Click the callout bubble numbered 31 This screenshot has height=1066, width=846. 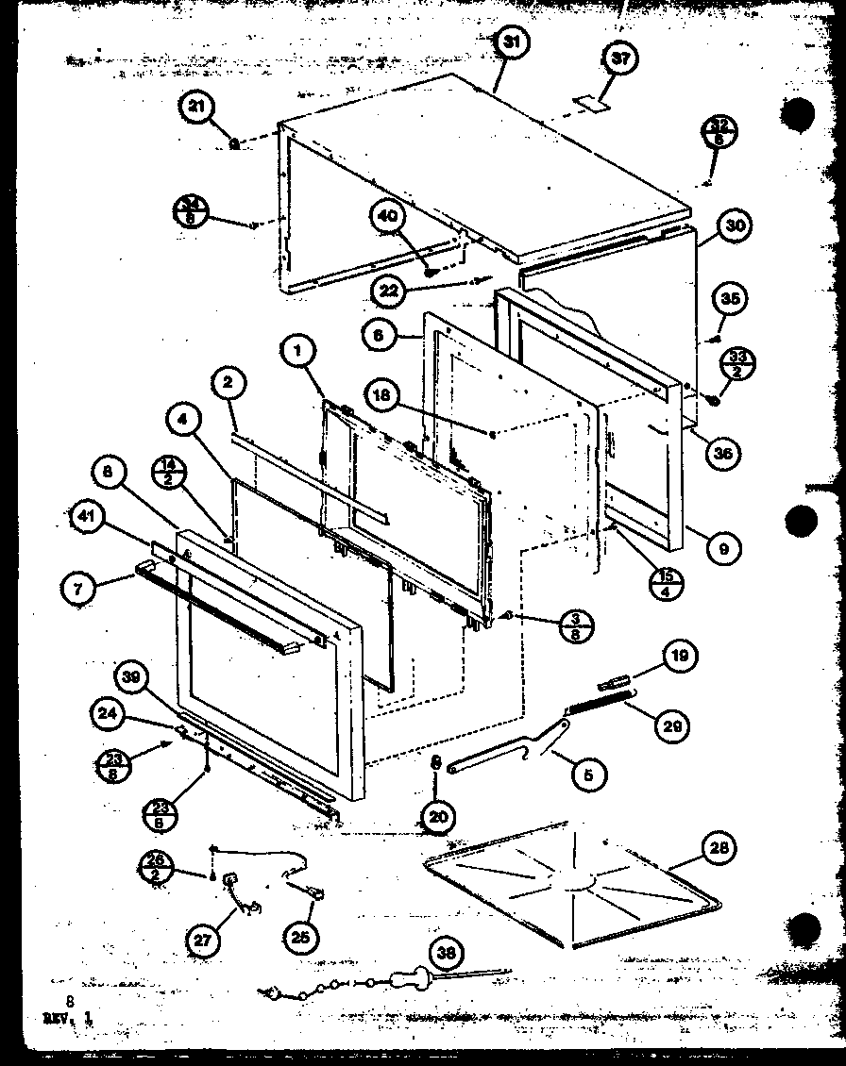(511, 42)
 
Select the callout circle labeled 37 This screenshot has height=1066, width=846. (619, 59)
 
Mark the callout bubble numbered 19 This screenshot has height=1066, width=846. (679, 655)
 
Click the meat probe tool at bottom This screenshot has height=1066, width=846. (397, 979)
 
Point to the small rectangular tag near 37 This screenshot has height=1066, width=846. (593, 103)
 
